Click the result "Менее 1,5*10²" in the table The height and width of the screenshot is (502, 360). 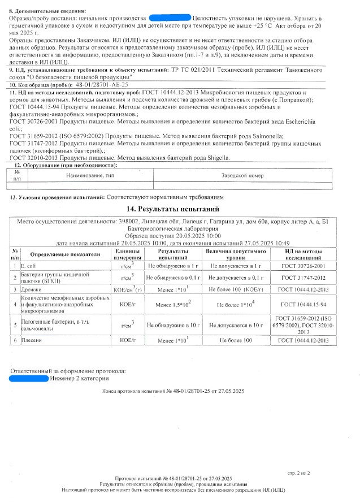click(x=173, y=305)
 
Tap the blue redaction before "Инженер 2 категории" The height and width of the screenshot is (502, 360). click(x=29, y=378)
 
